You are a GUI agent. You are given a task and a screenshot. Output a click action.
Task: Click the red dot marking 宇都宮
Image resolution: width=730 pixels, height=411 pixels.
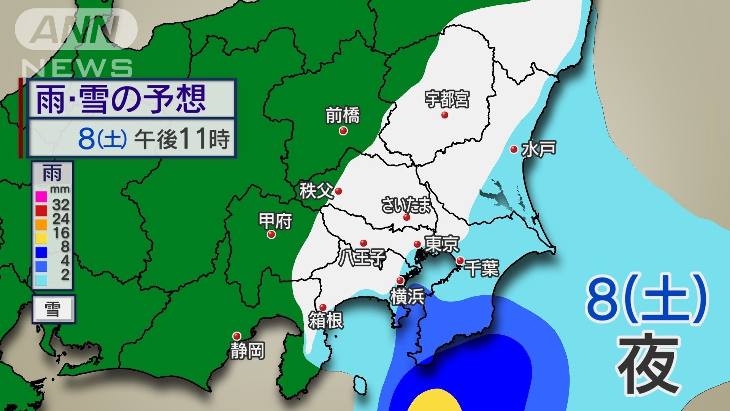pyautogui.click(x=444, y=115)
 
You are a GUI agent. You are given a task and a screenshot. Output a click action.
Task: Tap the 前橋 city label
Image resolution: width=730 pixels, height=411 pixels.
pyautogui.click(x=343, y=116)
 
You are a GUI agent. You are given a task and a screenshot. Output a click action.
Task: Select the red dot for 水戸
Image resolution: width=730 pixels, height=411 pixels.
pyautogui.click(x=514, y=149)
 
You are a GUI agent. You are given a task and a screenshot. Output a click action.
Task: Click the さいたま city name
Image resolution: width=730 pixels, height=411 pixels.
pyautogui.click(x=406, y=205)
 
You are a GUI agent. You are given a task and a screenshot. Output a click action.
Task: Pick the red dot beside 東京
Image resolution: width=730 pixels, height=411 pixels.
pyautogui.click(x=417, y=244)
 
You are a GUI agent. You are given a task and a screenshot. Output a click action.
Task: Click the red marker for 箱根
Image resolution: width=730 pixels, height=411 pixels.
pyautogui.click(x=323, y=307)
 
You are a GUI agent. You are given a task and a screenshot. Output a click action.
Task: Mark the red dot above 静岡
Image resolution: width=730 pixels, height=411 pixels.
pyautogui.click(x=237, y=336)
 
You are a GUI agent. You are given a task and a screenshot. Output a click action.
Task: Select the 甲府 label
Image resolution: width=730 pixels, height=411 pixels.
pyautogui.click(x=275, y=221)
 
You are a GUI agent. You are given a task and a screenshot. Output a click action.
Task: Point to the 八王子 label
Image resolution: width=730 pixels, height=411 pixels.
pyautogui.click(x=362, y=258)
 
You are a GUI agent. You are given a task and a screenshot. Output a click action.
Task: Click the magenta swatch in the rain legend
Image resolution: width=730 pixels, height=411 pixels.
pyautogui.click(x=41, y=197)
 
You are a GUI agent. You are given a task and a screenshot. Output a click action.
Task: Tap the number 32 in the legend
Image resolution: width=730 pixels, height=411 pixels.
pyautogui.click(x=61, y=205)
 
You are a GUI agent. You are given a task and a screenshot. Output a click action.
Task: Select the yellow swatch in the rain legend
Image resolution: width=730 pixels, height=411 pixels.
pyautogui.click(x=41, y=239)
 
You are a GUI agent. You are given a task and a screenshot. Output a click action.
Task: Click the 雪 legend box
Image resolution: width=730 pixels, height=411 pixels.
pyautogui.click(x=53, y=309)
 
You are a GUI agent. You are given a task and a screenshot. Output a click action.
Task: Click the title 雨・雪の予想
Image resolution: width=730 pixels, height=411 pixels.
pyautogui.click(x=121, y=99)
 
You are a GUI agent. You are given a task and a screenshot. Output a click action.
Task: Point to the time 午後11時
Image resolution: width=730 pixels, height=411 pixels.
pyautogui.click(x=182, y=139)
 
